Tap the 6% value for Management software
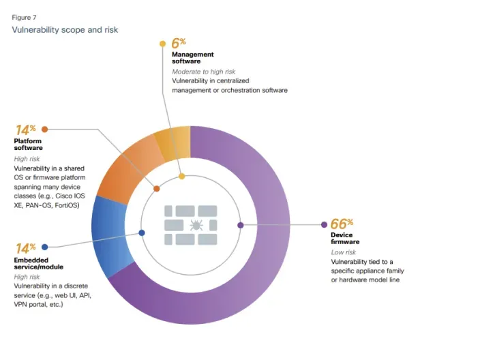[x=179, y=43]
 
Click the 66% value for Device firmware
[x=342, y=224]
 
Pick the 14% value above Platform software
[x=25, y=129]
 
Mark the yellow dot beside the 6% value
[x=162, y=44]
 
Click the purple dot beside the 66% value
[x=324, y=224]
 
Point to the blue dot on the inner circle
[x=142, y=232]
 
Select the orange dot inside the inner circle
[x=157, y=189]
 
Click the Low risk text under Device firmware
[x=343, y=252]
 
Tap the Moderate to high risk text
[x=202, y=72]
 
